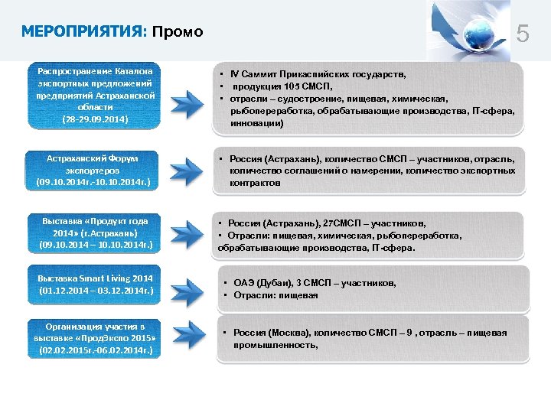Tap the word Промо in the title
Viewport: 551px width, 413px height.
pyautogui.click(x=178, y=31)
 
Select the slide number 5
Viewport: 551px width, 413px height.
pyautogui.click(x=523, y=34)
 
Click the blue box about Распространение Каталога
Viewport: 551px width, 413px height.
pyautogui.click(x=97, y=95)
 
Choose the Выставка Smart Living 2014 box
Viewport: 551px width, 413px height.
pyautogui.click(x=97, y=285)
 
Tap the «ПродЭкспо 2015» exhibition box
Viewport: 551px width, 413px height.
pyautogui.click(x=97, y=338)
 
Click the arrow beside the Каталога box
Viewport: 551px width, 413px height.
pyautogui.click(x=185, y=102)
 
